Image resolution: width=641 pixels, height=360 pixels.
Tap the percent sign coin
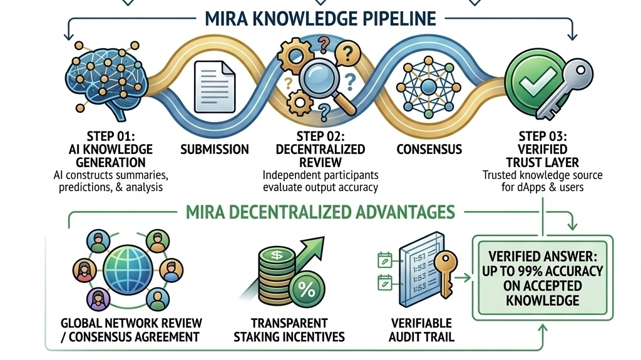(x=306, y=289)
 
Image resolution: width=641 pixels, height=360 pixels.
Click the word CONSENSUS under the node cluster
(x=429, y=150)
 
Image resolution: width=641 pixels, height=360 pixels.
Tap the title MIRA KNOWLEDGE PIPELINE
(x=320, y=18)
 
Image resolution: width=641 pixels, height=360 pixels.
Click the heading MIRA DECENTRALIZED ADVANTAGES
(x=320, y=212)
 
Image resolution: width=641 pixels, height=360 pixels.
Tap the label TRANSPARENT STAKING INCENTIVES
(x=289, y=330)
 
